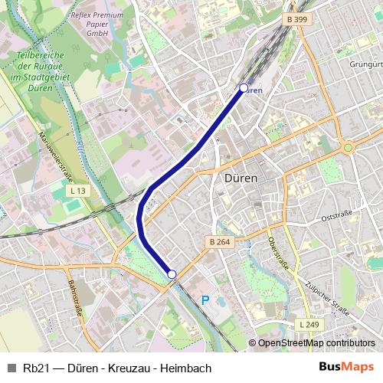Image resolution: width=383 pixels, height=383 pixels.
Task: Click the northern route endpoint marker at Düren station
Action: [244, 88]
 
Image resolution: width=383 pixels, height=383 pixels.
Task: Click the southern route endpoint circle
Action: [172, 274]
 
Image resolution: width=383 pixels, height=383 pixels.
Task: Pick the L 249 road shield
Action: [308, 325]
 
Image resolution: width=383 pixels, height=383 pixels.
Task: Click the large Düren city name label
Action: [241, 178]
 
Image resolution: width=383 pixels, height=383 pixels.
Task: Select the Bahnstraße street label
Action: [76, 299]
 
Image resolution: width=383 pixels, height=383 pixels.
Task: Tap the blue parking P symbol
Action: [204, 301]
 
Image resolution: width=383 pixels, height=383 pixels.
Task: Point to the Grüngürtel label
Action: [365, 65]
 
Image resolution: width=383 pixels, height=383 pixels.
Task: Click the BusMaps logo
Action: [346, 368]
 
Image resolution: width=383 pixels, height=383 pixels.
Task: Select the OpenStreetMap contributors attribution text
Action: [316, 343]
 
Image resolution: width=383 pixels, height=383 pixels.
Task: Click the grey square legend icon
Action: [11, 368]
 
